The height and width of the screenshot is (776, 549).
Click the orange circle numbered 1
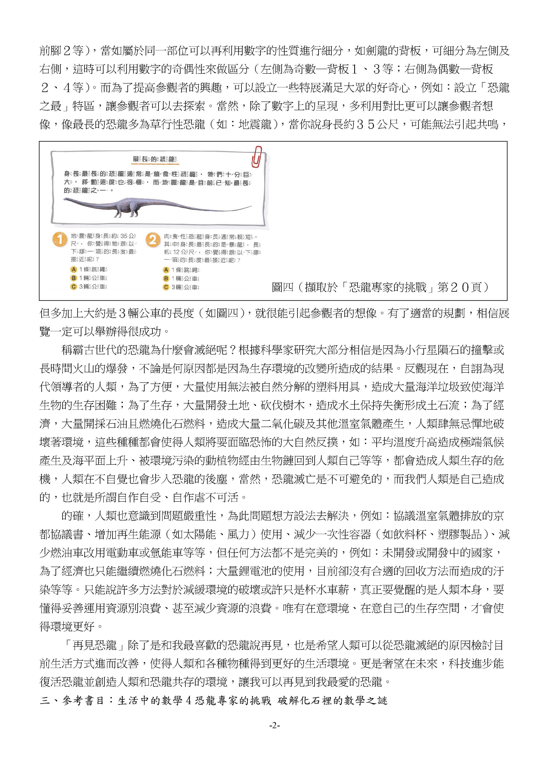tap(60, 239)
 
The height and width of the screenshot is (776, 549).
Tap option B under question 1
tap(73, 278)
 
